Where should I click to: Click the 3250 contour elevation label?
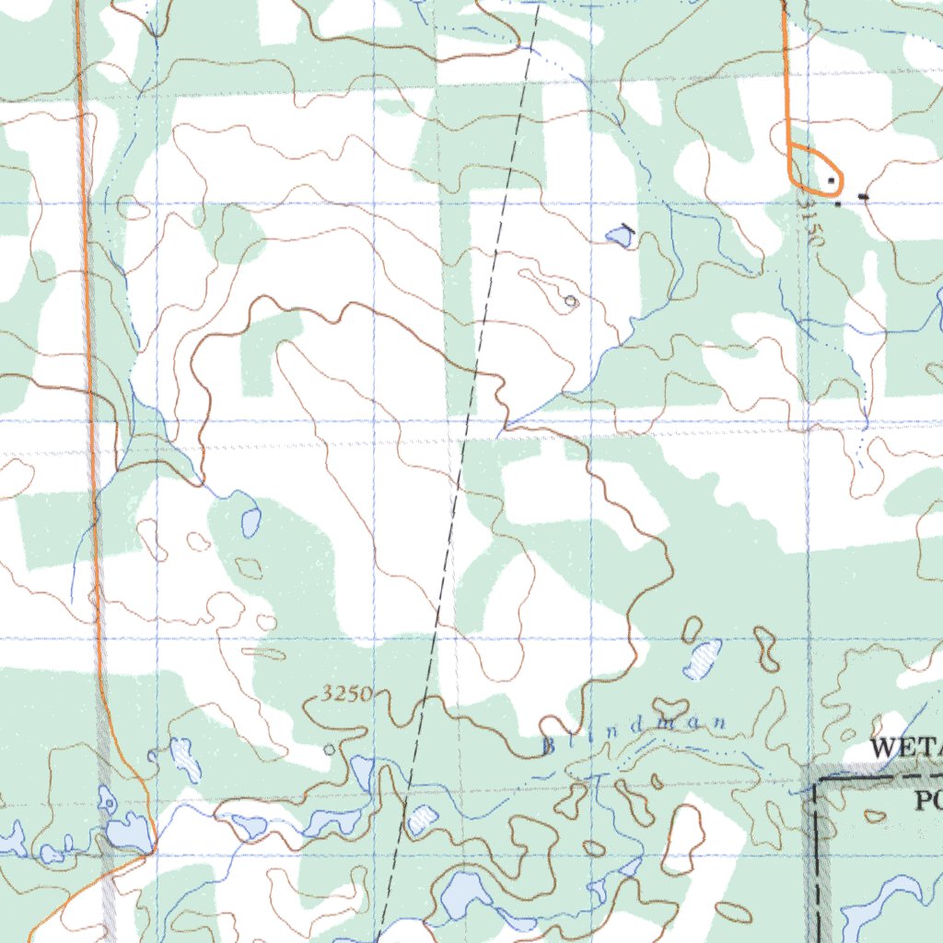[348, 694]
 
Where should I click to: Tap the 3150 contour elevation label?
[811, 225]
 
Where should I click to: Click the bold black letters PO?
[927, 801]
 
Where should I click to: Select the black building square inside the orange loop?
[832, 180]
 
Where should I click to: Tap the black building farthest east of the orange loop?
[863, 196]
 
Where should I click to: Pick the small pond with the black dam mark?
[619, 238]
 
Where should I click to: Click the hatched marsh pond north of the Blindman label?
[704, 658]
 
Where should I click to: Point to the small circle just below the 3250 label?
[330, 750]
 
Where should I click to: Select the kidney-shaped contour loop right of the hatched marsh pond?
[763, 646]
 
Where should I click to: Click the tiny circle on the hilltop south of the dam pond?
[570, 301]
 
